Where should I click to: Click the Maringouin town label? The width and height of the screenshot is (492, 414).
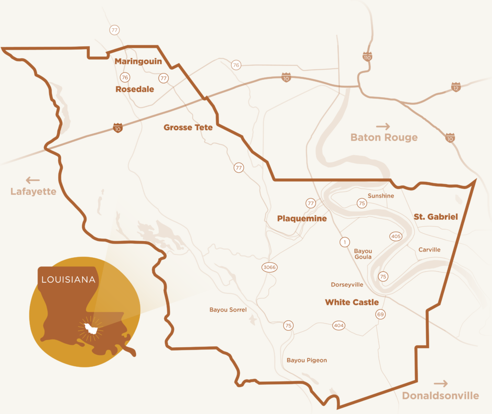[138, 62]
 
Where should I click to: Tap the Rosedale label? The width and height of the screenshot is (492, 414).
[135, 89]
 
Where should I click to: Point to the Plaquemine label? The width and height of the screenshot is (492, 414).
[302, 219]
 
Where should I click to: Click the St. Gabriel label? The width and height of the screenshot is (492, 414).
[436, 217]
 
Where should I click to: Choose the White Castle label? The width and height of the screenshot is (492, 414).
[352, 302]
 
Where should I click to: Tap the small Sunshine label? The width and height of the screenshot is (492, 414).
[381, 196]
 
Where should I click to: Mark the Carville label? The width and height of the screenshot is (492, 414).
[429, 250]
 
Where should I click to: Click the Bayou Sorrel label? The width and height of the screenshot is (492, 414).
[228, 310]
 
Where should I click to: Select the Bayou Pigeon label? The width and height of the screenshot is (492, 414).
[307, 360]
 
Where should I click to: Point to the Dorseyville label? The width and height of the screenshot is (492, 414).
[347, 285]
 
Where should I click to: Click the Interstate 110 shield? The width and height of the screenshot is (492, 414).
[368, 57]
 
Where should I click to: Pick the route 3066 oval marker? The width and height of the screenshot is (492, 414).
[270, 267]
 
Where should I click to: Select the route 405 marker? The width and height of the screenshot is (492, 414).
[396, 236]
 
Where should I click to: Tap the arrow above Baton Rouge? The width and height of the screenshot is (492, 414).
[383, 126]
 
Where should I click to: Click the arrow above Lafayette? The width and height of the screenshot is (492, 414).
[33, 180]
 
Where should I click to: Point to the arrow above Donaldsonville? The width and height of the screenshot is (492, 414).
[441, 384]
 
